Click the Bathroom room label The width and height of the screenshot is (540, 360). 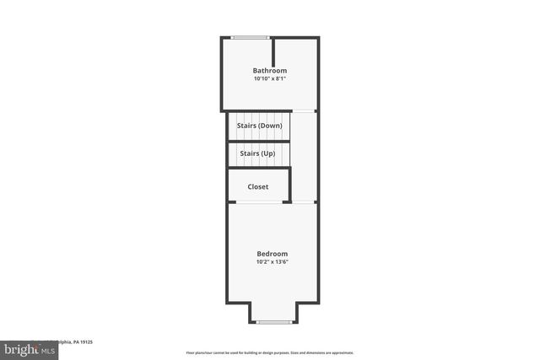click(x=270, y=70)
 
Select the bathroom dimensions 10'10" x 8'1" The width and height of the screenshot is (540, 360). click(x=270, y=79)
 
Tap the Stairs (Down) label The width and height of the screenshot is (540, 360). click(x=259, y=126)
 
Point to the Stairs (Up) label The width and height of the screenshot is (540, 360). click(x=257, y=153)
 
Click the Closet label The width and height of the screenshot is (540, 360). click(x=258, y=186)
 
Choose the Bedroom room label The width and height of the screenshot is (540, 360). click(x=273, y=253)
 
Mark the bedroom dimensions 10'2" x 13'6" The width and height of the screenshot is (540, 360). click(x=273, y=262)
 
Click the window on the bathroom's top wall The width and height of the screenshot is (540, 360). click(x=251, y=37)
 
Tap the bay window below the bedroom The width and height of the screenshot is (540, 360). click(x=273, y=322)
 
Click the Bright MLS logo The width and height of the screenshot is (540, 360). click(x=25, y=348)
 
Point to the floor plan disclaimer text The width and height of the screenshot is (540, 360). click(x=270, y=352)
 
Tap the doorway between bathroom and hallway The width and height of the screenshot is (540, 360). click(x=304, y=111)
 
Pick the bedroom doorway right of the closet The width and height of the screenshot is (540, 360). click(x=304, y=201)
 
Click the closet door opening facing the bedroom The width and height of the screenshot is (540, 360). click(x=259, y=201)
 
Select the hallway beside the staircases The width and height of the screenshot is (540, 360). click(x=304, y=156)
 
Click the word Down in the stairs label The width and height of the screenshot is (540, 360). click(x=270, y=126)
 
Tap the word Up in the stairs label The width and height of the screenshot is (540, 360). click(x=268, y=153)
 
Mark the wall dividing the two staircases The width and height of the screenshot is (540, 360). click(x=259, y=140)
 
